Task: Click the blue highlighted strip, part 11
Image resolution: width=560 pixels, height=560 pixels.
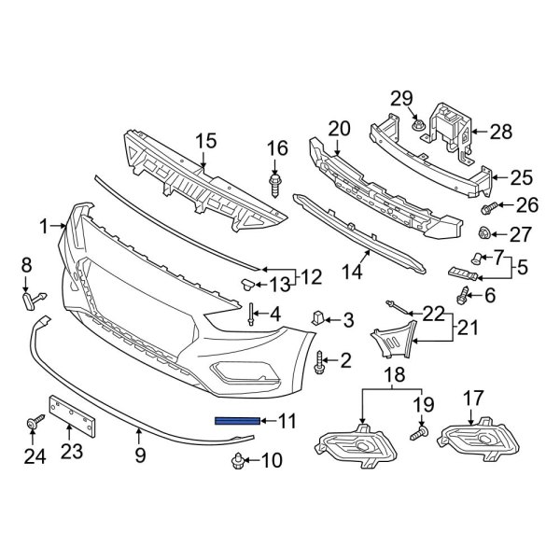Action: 239,421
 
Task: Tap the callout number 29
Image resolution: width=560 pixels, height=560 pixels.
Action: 401,99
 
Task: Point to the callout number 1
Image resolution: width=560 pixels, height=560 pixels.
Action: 43,226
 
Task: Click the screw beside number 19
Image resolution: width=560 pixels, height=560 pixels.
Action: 417,433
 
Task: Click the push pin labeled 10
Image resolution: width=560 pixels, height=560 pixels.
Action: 238,460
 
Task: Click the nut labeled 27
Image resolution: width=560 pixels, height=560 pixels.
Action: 485,232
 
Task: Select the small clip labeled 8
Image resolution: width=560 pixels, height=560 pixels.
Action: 30,298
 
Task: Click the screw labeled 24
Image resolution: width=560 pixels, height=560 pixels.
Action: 32,425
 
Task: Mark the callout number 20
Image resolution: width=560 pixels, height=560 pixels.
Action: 338,128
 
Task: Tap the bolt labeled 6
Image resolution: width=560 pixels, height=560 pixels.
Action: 463,297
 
